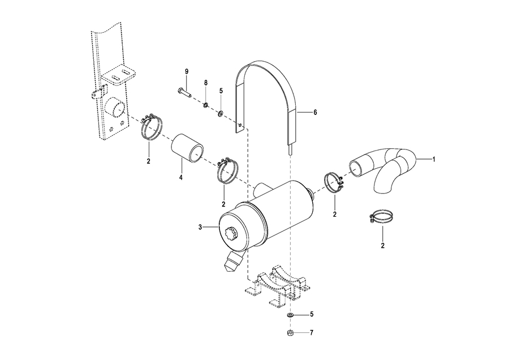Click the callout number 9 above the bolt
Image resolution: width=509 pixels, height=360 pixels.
[187, 71]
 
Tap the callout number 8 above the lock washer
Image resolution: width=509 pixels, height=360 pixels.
[205, 83]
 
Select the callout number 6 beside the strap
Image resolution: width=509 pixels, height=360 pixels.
[315, 113]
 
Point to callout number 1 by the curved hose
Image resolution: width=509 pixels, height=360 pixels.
[433, 159]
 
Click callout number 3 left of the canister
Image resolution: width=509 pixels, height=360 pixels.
[200, 227]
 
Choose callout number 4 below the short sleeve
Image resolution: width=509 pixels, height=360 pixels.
[181, 177]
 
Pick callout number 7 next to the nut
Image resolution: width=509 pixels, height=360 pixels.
[312, 333]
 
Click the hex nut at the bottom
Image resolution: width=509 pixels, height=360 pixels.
[291, 333]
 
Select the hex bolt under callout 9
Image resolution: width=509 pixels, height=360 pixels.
[185, 92]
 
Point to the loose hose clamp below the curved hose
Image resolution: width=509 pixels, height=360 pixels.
[381, 217]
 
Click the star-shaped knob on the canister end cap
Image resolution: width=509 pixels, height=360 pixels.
[232, 234]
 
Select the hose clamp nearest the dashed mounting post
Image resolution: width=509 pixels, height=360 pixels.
[151, 127]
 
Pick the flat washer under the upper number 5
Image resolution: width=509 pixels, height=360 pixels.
[221, 114]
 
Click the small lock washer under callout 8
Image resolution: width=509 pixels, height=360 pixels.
[205, 105]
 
